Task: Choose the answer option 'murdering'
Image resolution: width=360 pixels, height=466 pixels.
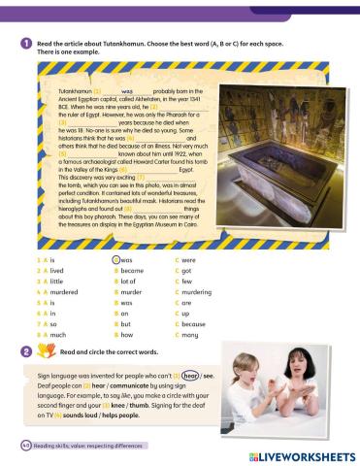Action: tap(195, 290)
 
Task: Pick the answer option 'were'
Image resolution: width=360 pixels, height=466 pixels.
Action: tap(187, 261)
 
